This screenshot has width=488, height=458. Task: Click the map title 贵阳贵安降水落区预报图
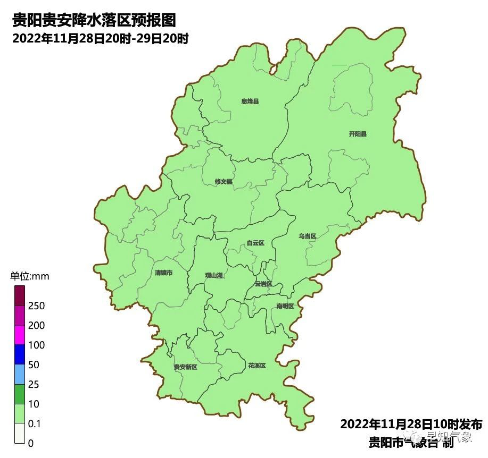[94, 21]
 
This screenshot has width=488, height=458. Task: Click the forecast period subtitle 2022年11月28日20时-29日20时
[101, 39]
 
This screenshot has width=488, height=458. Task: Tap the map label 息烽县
[250, 101]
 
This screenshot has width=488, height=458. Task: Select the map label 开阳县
[358, 134]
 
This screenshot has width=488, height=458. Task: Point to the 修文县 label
[224, 182]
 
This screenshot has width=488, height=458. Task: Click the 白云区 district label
[255, 243]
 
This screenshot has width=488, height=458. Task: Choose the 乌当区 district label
[307, 236]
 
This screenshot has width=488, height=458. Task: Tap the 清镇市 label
[163, 273]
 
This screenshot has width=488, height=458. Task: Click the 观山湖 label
[214, 275]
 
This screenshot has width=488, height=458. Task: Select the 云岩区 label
[263, 284]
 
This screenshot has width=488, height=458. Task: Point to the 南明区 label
[285, 306]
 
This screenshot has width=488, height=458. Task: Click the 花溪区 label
[257, 366]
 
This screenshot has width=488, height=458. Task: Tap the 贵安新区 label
[186, 367]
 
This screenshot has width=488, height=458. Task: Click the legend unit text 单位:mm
[30, 276]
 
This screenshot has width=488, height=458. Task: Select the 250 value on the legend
[36, 306]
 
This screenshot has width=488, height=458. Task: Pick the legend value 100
[36, 345]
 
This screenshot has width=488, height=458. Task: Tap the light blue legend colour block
[20, 374]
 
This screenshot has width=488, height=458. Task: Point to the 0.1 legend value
[35, 424]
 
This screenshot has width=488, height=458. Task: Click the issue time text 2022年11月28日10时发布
[411, 425]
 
